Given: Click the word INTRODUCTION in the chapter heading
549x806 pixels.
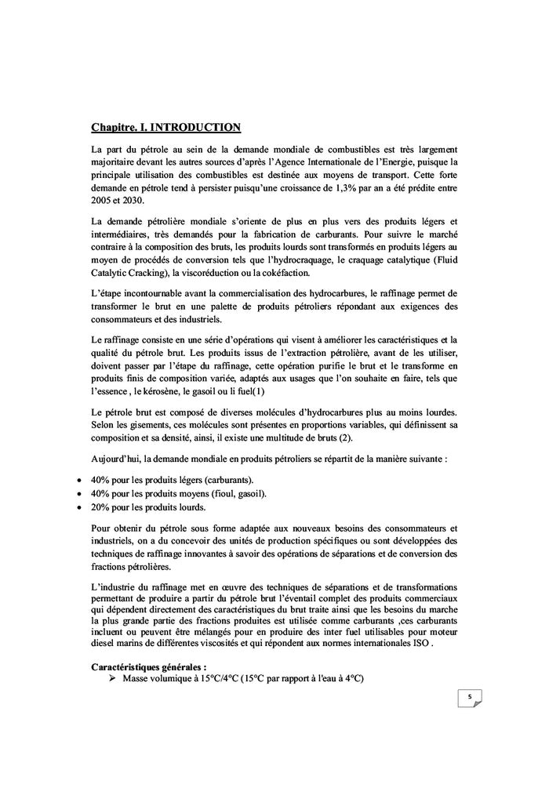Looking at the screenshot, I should pos(195,126).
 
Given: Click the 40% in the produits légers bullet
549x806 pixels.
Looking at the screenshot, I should pos(102,479).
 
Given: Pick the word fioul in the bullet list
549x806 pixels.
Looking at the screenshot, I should pos(216,493).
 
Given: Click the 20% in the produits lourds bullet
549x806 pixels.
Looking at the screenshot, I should pos(102,507).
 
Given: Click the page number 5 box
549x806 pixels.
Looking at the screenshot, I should pos(469,696).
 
